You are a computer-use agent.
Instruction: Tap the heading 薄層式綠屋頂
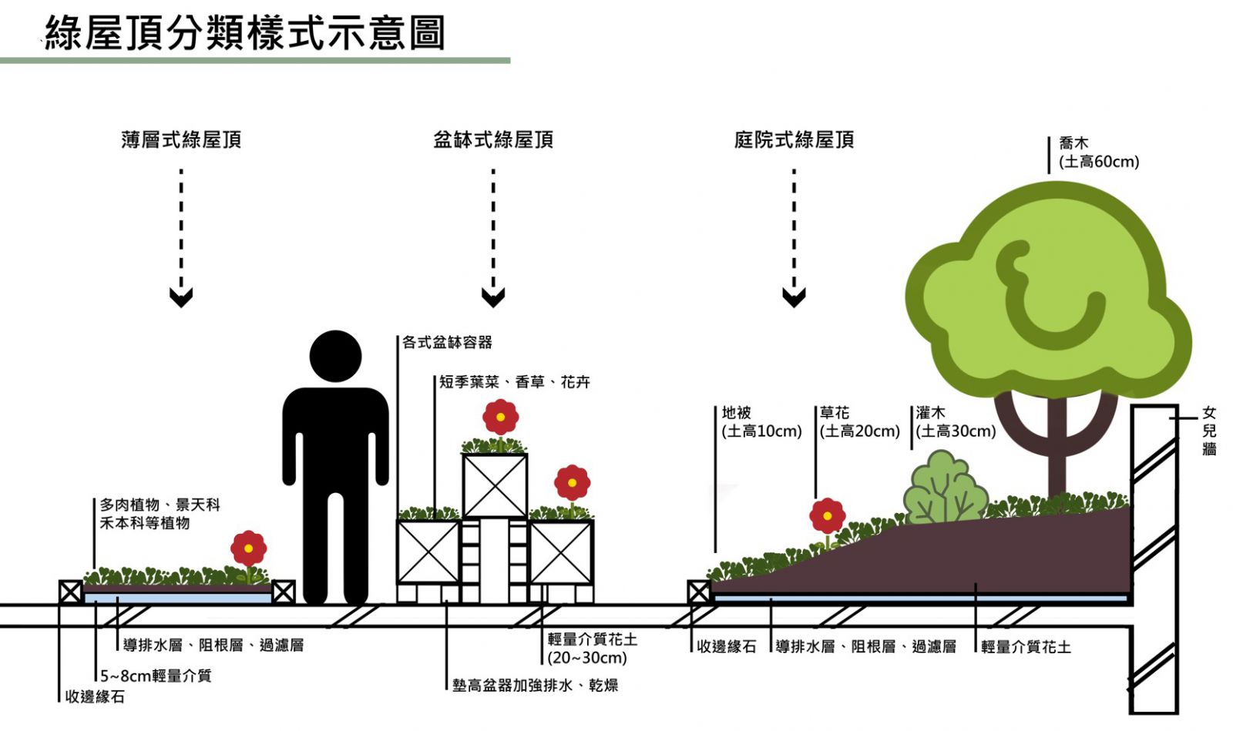point(181,140)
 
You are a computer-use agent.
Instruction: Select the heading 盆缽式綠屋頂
point(493,140)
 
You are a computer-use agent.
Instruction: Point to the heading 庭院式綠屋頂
point(794,140)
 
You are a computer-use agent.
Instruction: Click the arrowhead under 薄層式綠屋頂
point(181,297)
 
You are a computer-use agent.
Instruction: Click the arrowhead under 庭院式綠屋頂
point(794,297)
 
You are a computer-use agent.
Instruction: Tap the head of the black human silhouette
point(335,356)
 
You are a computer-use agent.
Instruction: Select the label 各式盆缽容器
point(447,342)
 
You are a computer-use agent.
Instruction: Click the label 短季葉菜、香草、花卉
point(514,382)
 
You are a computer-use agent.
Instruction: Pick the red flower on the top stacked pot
point(500,417)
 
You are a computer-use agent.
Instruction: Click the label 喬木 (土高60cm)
point(1098,153)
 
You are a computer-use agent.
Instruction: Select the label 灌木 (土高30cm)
point(955,422)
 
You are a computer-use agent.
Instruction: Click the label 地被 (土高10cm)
point(761,422)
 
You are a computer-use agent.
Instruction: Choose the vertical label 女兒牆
point(1209,431)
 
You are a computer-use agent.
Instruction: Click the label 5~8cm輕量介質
point(156,676)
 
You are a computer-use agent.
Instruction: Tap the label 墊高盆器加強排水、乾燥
point(535,685)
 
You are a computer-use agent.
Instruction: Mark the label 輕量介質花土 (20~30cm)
point(591,649)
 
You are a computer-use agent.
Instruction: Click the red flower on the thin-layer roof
point(248,548)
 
